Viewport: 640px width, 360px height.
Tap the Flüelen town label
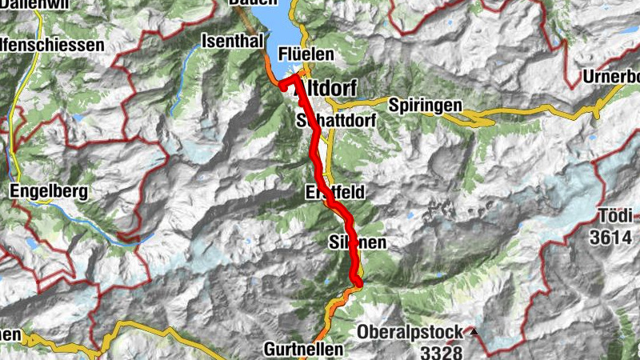click(304, 54)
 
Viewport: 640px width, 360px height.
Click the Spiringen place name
click(425, 105)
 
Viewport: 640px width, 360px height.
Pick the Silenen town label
click(358, 241)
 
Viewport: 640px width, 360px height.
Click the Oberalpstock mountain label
click(410, 331)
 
